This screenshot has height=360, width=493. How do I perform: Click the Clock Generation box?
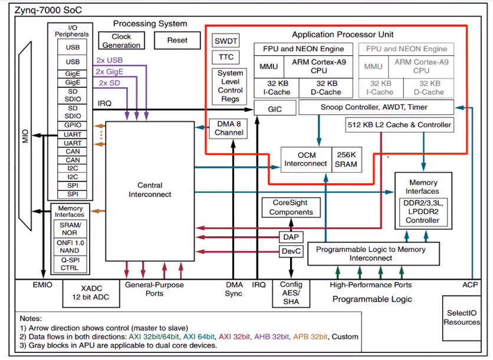(121, 41)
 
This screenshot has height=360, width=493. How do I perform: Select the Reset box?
(177, 41)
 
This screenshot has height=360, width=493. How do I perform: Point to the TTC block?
(225, 57)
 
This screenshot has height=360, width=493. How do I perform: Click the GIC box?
(274, 108)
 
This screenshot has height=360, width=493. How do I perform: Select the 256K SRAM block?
(346, 160)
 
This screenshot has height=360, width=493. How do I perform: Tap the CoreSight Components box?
(291, 207)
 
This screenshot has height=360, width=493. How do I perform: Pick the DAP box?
(291, 237)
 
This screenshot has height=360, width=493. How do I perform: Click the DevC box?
(291, 252)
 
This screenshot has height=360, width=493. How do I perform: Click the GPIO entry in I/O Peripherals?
(73, 125)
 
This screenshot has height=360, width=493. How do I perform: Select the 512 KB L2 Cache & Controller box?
(399, 125)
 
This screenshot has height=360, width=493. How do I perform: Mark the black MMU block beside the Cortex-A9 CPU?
(268, 67)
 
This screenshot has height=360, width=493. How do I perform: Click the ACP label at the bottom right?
(469, 285)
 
